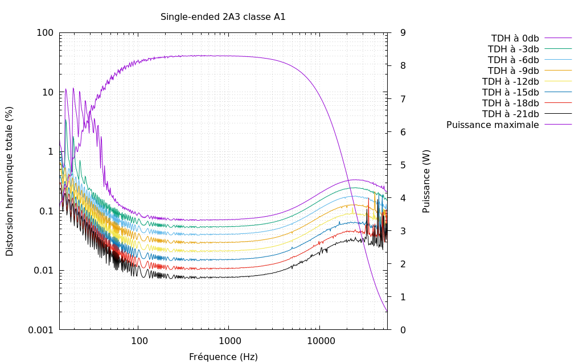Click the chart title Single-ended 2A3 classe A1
pos(223,17)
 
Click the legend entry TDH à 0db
pos(515,38)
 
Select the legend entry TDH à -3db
pos(513,49)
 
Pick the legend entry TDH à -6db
pos(513,60)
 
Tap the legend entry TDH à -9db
pos(513,71)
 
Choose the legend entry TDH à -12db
pos(510,81)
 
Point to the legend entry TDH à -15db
pos(510,92)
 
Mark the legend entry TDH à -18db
pos(510,103)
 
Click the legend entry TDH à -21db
pos(510,114)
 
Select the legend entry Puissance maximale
pos(492,125)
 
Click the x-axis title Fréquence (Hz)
pos(223,357)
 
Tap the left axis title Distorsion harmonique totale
pos(10,181)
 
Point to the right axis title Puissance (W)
pos(426,181)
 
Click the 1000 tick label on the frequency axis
pos(229,341)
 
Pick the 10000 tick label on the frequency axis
pos(319,341)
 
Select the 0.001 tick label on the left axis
pos(40,330)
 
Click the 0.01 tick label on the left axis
pos(43,270)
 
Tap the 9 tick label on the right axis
pos(403,33)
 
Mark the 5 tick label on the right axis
pos(403,165)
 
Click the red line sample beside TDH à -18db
pos(558,103)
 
